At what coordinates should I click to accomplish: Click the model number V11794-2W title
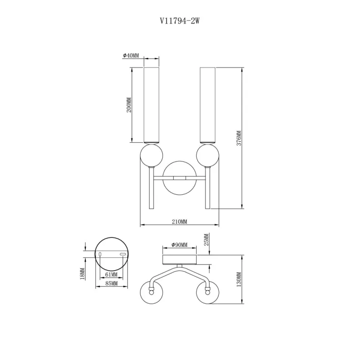(x=180, y=21)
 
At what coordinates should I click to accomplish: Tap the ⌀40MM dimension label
(x=131, y=55)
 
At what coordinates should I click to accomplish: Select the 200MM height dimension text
(x=129, y=105)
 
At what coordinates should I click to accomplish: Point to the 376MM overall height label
(x=239, y=138)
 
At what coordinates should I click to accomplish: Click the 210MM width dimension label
(x=180, y=222)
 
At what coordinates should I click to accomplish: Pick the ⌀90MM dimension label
(x=180, y=245)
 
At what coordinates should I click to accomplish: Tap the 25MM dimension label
(x=207, y=240)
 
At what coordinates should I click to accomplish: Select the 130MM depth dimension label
(x=239, y=279)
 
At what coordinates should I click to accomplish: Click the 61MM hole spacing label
(x=111, y=275)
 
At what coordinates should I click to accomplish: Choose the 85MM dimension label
(x=111, y=283)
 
